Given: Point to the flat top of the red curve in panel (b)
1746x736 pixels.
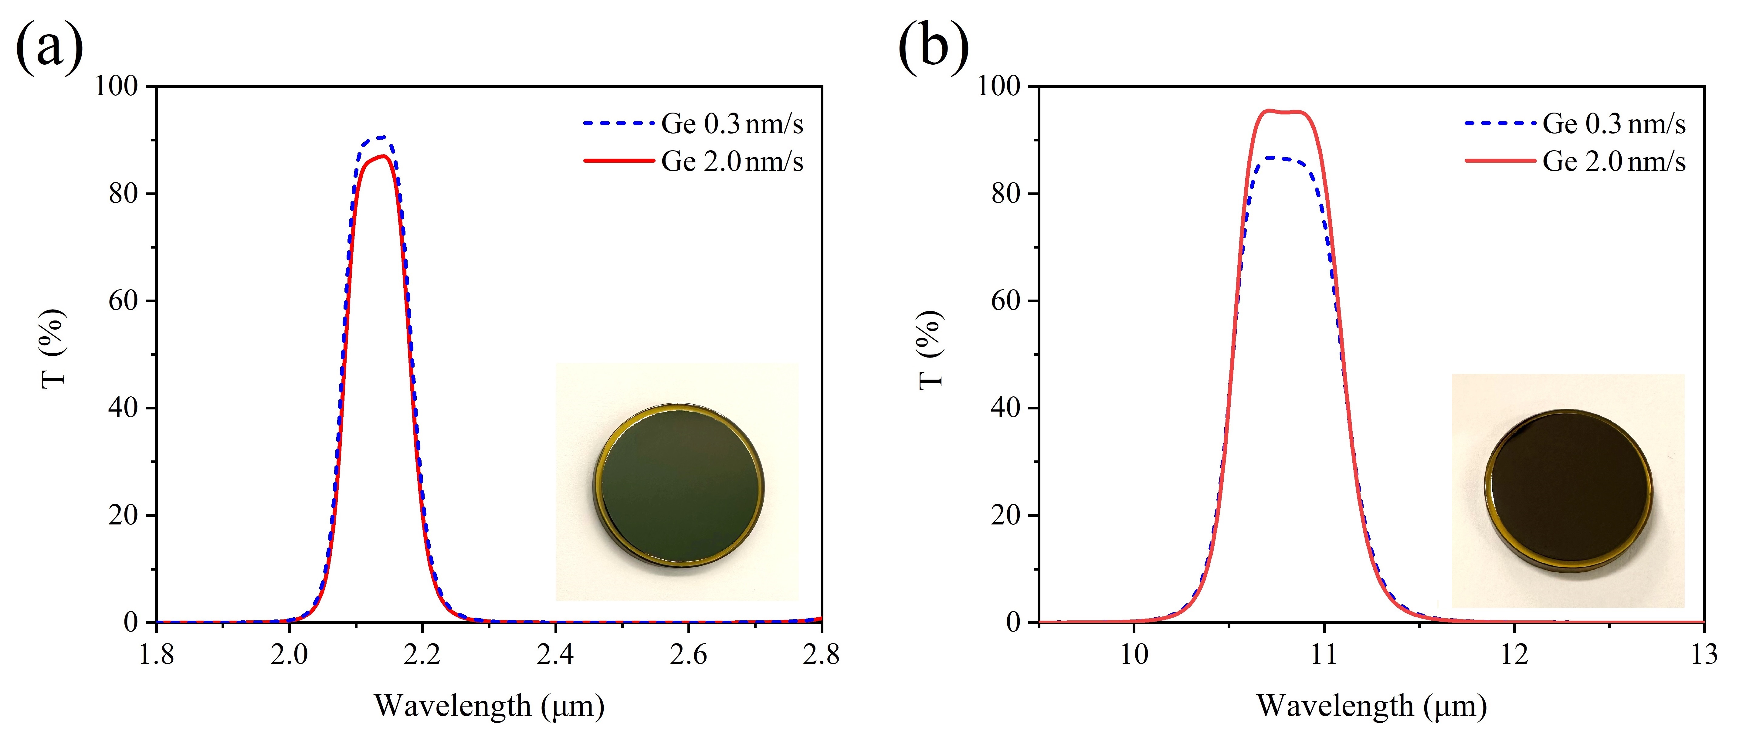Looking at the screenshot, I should point(1283,112).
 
